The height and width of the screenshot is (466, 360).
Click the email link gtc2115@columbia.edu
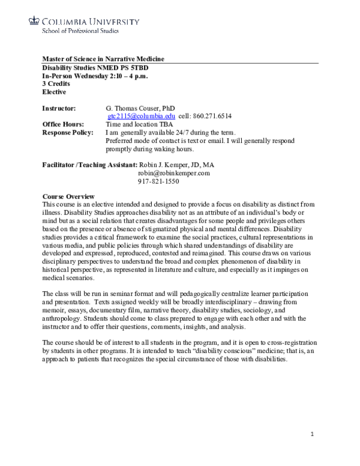click(x=141, y=116)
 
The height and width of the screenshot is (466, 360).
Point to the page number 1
click(x=312, y=434)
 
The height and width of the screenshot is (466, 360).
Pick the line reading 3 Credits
click(x=56, y=83)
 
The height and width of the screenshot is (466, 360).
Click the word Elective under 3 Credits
click(x=55, y=92)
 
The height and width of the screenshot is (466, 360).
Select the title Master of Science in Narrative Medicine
click(x=103, y=59)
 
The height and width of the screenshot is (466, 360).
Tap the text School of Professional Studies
click(x=80, y=31)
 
